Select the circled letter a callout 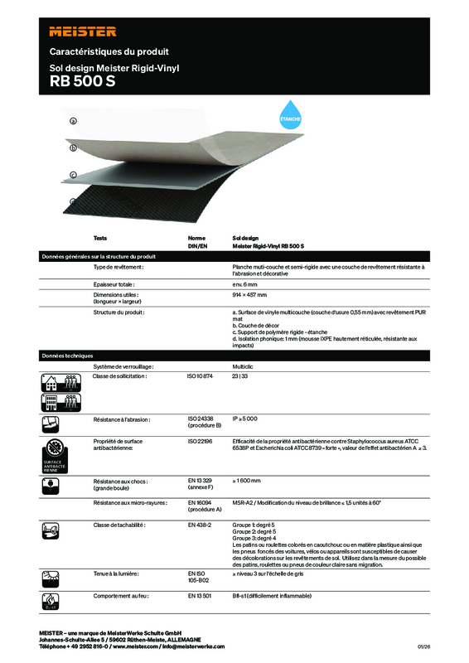pos(73,121)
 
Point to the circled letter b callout pos(73,148)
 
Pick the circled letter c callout pos(73,175)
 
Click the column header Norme pos(197,237)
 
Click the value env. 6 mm pos(249,284)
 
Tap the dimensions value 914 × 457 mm pos(250,294)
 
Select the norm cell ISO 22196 pos(201,441)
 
